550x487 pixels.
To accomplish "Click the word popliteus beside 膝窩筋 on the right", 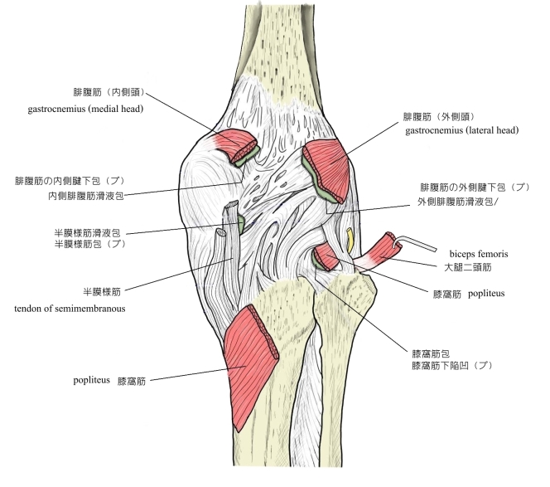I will click(x=488, y=294).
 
